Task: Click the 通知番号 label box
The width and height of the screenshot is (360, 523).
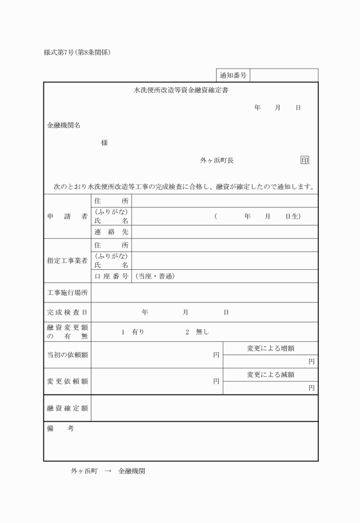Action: (x=233, y=75)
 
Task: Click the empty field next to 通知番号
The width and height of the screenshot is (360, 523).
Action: (x=284, y=75)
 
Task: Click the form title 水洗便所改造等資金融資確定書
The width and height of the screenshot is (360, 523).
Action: (x=181, y=90)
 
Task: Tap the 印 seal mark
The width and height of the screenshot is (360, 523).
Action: (x=305, y=161)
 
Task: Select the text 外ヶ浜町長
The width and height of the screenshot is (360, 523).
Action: (x=217, y=161)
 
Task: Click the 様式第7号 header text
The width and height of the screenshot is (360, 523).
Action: (x=77, y=53)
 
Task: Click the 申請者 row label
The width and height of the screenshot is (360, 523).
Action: (x=67, y=217)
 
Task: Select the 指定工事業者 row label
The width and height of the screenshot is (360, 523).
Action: (x=67, y=261)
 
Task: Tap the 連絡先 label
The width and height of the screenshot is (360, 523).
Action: (x=111, y=232)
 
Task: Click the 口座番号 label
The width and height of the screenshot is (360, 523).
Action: (x=111, y=277)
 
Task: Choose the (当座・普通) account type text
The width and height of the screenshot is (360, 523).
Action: (x=154, y=277)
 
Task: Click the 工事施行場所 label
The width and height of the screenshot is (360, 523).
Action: (x=67, y=293)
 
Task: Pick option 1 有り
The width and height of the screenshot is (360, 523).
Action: (x=133, y=332)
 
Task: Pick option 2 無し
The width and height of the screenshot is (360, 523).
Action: (x=197, y=332)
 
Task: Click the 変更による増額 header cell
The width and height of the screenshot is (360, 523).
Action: (x=270, y=349)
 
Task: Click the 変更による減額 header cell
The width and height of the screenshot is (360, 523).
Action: (x=270, y=375)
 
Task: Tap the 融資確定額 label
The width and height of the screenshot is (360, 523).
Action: (x=67, y=408)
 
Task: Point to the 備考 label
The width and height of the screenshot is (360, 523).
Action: (x=61, y=429)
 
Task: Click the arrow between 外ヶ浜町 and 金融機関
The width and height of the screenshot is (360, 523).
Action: (x=109, y=472)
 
